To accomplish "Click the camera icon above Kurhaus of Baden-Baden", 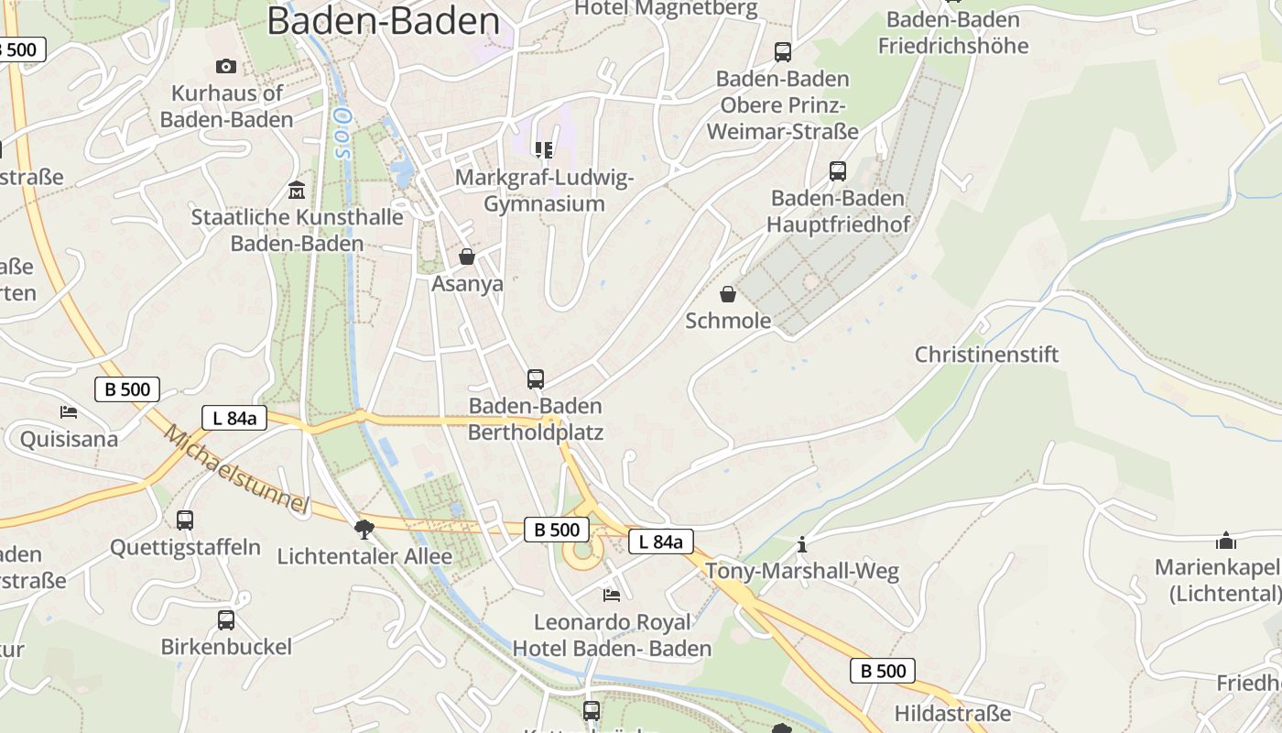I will pyautogui.click(x=226, y=66).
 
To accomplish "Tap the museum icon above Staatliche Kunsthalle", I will pyautogui.click(x=297, y=191).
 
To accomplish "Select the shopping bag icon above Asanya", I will pyautogui.click(x=467, y=257).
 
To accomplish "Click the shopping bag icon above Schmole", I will pyautogui.click(x=728, y=294).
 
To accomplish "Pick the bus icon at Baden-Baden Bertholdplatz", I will pyautogui.click(x=536, y=378).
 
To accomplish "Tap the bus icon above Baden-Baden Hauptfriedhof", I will pyautogui.click(x=838, y=170).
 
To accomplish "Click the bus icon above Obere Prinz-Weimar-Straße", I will pyautogui.click(x=783, y=52).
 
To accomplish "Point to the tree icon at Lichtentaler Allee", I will pyautogui.click(x=364, y=529).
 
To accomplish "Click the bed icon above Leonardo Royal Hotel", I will pyautogui.click(x=612, y=596).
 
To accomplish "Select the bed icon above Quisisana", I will pyautogui.click(x=69, y=411).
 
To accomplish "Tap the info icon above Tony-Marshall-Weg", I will pyautogui.click(x=802, y=544).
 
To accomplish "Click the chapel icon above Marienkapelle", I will pyautogui.click(x=1226, y=541).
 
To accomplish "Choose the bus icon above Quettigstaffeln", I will pyautogui.click(x=185, y=520).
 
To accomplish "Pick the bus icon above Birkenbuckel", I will pyautogui.click(x=226, y=620).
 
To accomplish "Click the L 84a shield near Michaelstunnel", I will pyautogui.click(x=234, y=419).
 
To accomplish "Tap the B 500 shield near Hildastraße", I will pyautogui.click(x=883, y=671).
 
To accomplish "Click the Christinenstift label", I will pyautogui.click(x=986, y=355).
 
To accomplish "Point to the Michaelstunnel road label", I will pyautogui.click(x=236, y=470).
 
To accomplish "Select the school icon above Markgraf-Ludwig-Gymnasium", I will pyautogui.click(x=544, y=149).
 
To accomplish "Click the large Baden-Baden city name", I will pyautogui.click(x=383, y=21).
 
